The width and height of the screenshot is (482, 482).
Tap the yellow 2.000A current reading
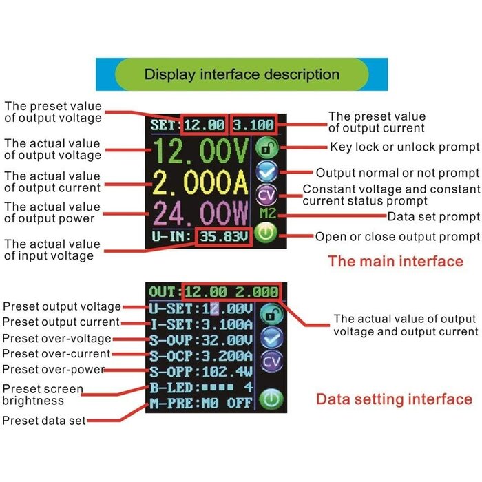[200, 182]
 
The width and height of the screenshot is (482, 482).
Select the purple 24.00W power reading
[200, 213]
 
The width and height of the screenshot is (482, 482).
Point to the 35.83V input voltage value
[224, 237]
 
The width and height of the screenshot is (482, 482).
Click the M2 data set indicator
[268, 213]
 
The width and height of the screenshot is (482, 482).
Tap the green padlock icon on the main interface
[267, 148]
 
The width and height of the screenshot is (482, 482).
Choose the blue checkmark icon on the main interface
[267, 172]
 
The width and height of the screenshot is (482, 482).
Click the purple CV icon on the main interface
[267, 195]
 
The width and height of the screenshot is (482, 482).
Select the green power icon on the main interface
[266, 233]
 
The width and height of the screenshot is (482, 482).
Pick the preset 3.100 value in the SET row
[253, 125]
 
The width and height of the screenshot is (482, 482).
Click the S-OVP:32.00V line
[201, 340]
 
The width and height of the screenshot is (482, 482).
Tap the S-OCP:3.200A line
[201, 356]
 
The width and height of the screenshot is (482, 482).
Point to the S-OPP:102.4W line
[201, 372]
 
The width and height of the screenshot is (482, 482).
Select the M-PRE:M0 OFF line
[201, 403]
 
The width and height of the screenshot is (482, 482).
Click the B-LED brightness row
[201, 387]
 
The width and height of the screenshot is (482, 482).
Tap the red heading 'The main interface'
[396, 262]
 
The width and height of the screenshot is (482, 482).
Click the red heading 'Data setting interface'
[395, 399]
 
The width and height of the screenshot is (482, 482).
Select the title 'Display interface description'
[242, 74]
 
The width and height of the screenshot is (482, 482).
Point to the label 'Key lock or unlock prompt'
[405, 147]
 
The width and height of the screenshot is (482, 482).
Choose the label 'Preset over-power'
[54, 370]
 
